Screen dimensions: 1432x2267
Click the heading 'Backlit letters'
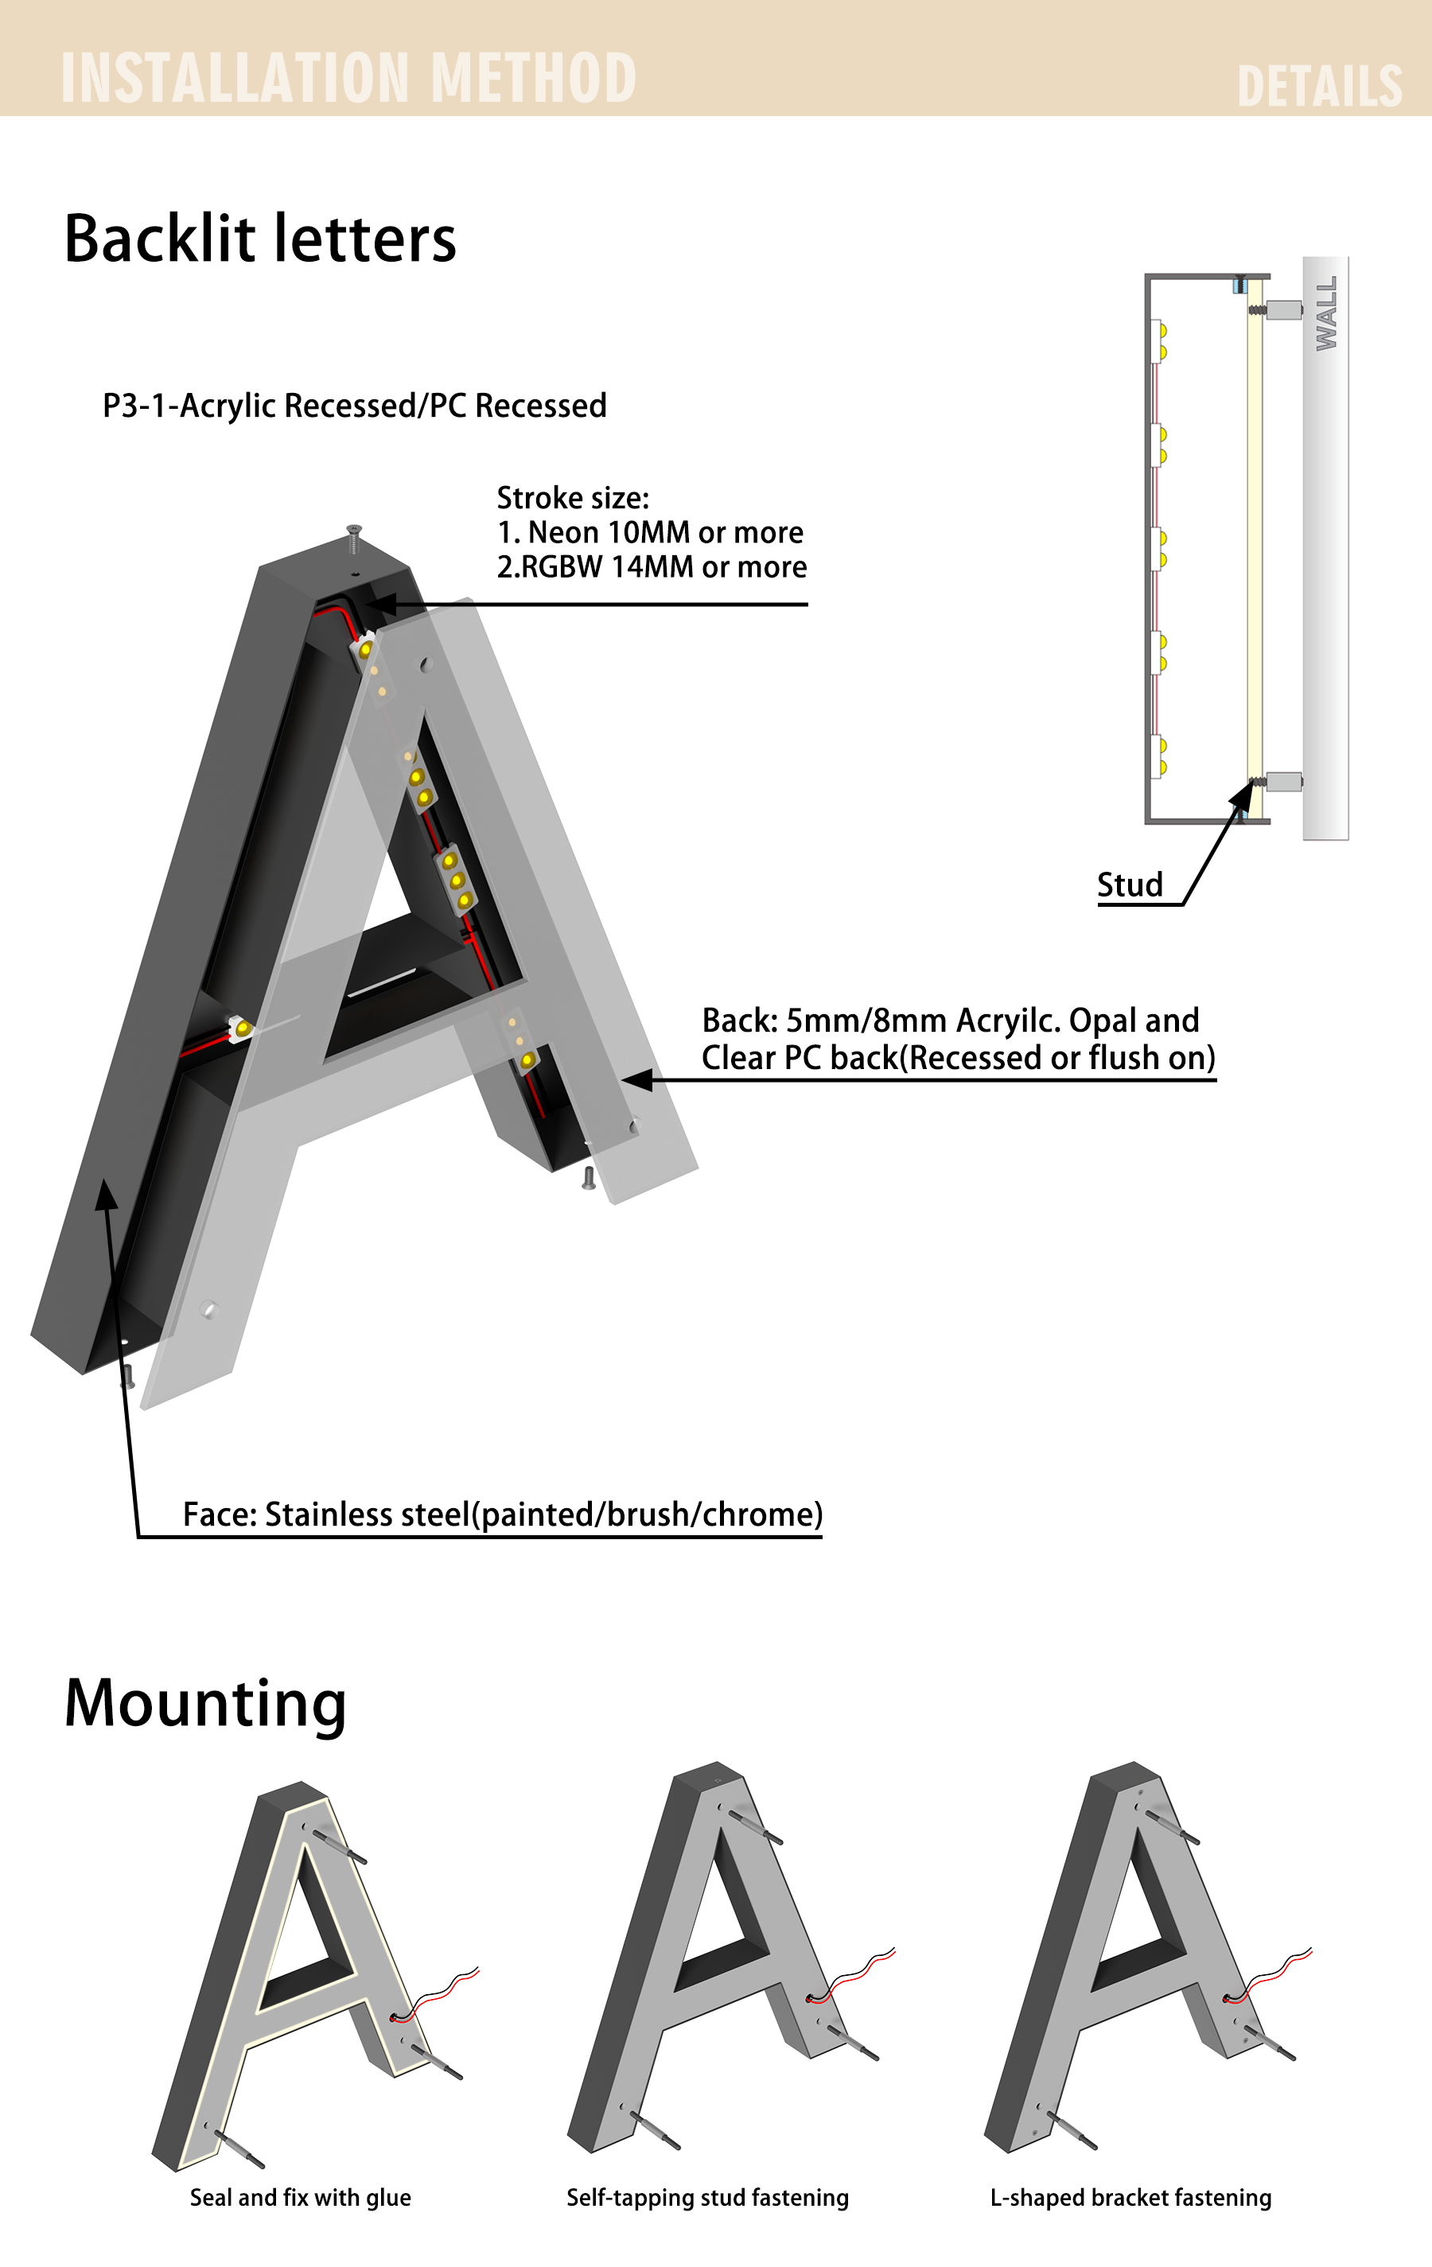260,238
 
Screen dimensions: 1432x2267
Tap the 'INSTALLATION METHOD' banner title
348,77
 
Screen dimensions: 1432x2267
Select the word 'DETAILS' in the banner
1319,87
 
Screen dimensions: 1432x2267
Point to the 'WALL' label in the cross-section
1325,313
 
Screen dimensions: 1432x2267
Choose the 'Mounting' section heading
205,1705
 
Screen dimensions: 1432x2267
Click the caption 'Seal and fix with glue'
301,2197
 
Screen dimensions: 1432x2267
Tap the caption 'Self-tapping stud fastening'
707,2197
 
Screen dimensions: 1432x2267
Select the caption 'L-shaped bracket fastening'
1130,2197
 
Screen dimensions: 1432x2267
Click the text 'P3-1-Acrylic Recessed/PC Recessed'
354,406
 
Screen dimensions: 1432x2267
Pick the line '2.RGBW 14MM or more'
652,566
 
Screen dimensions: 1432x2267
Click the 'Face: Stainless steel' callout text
503,1514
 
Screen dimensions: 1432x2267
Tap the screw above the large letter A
354,538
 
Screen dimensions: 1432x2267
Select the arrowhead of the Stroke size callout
379,604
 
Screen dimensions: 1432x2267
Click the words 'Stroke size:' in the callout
573,497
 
